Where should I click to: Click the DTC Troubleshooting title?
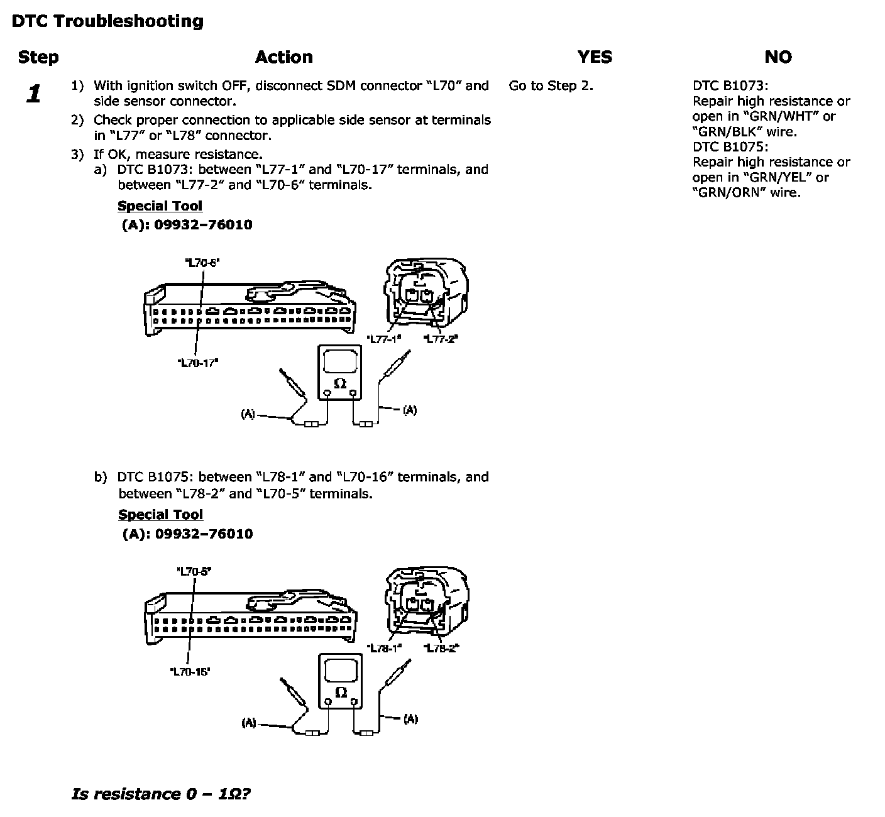pyautogui.click(x=107, y=21)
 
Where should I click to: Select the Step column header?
pyautogui.click(x=38, y=57)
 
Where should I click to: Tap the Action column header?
pyautogui.click(x=283, y=57)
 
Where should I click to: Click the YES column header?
pyautogui.click(x=594, y=57)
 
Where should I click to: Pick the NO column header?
pyautogui.click(x=778, y=57)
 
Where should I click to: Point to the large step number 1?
pyautogui.click(x=34, y=94)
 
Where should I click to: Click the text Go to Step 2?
pyautogui.click(x=551, y=85)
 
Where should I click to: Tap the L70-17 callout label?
pyautogui.click(x=198, y=362)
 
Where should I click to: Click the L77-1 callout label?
pyautogui.click(x=384, y=339)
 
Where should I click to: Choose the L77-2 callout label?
pyautogui.click(x=441, y=339)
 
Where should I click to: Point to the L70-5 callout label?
pyautogui.click(x=194, y=572)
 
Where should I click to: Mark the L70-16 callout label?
pyautogui.click(x=190, y=671)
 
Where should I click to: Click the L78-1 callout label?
pyautogui.click(x=384, y=648)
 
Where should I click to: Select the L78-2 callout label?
pyautogui.click(x=441, y=648)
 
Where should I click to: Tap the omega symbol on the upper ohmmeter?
pyautogui.click(x=340, y=383)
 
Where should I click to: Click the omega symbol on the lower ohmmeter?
pyautogui.click(x=340, y=692)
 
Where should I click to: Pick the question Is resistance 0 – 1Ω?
pyautogui.click(x=162, y=794)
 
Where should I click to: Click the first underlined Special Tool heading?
pyautogui.click(x=160, y=206)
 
